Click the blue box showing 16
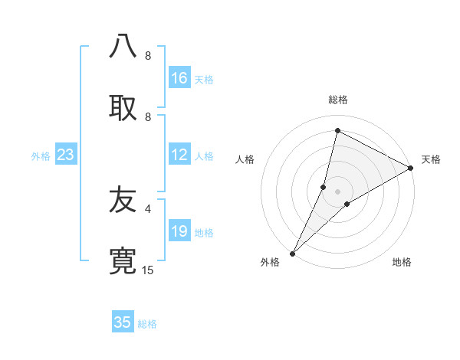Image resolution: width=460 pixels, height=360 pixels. click(x=179, y=78)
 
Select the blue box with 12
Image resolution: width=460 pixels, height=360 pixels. click(x=179, y=155)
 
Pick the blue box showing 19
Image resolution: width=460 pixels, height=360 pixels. click(x=179, y=231)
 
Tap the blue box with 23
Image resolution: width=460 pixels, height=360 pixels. click(x=66, y=155)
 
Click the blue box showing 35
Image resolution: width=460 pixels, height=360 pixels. click(x=123, y=322)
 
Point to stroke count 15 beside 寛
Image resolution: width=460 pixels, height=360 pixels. click(x=148, y=270)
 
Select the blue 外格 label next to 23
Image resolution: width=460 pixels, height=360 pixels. click(x=41, y=156)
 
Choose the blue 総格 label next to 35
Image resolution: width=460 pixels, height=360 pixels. click(x=147, y=323)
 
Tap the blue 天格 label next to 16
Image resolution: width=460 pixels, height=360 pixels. click(x=204, y=79)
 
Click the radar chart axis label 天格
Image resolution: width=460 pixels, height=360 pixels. click(x=431, y=159)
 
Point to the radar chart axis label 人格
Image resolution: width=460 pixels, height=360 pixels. click(x=245, y=159)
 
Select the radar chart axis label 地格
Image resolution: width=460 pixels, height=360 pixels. click(x=402, y=262)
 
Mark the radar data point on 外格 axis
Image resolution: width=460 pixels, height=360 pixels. click(x=293, y=253)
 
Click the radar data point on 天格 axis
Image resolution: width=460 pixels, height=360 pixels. click(x=411, y=168)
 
